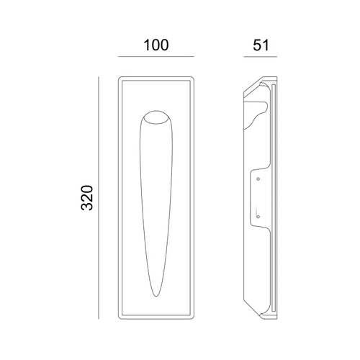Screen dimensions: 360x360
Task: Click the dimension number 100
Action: tap(156, 45)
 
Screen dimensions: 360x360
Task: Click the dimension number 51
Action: tap(261, 45)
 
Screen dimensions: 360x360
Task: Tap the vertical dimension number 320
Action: tap(87, 198)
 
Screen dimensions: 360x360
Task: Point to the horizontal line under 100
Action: tap(156, 57)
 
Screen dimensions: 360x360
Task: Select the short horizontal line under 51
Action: tap(261, 57)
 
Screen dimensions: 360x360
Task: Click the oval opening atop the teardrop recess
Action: tap(156, 117)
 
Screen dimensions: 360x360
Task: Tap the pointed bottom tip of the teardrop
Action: tap(156, 296)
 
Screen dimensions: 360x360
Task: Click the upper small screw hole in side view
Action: tap(258, 179)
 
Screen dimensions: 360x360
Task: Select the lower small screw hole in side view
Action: tap(258, 217)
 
